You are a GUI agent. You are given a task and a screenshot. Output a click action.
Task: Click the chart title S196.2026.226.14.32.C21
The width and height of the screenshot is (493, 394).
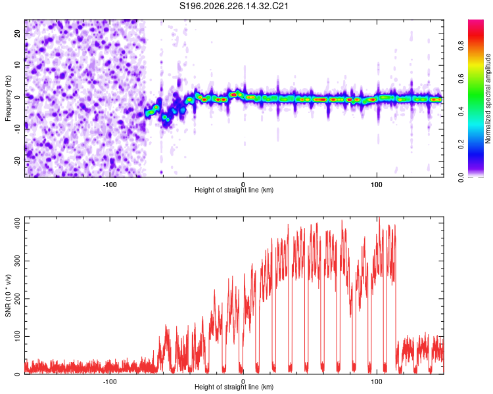click(233, 6)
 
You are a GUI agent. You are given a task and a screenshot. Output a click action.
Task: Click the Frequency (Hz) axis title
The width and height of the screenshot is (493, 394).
click(8, 98)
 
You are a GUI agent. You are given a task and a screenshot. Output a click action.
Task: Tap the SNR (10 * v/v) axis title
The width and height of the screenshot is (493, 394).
click(8, 295)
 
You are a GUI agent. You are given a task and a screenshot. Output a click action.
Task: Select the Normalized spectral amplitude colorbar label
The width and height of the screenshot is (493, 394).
click(488, 98)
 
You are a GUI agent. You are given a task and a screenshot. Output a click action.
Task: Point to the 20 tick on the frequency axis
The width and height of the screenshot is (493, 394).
click(17, 33)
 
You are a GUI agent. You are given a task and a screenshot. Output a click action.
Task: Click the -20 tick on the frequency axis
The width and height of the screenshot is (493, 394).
click(17, 161)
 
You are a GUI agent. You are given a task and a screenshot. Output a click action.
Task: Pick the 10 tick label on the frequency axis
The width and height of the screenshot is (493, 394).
click(17, 65)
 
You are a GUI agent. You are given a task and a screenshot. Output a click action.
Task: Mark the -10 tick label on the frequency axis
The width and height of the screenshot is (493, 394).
click(17, 129)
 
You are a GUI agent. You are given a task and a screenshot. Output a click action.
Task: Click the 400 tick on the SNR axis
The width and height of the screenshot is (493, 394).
click(17, 223)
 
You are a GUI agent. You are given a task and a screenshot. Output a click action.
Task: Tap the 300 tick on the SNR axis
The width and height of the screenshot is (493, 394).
click(17, 261)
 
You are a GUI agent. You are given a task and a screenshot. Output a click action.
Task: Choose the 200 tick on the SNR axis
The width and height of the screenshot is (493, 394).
click(17, 299)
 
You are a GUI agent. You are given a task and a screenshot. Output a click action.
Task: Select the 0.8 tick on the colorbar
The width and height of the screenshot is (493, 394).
click(461, 45)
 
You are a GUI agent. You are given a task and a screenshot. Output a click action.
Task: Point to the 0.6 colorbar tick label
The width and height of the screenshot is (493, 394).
click(461, 78)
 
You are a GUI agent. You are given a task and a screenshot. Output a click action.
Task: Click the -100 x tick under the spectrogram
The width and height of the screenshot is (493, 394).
click(109, 185)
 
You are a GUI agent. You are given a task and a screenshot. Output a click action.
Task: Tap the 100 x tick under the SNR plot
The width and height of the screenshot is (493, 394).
click(377, 382)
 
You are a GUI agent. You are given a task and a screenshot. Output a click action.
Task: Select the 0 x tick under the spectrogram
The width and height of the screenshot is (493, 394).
click(243, 185)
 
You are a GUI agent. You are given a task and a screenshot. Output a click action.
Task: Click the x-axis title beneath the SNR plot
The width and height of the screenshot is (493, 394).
click(234, 387)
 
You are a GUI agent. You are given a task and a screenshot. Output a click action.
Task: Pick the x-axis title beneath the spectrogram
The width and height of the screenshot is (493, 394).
click(234, 190)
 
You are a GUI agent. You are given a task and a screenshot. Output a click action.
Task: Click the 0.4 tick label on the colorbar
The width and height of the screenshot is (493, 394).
click(461, 111)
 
